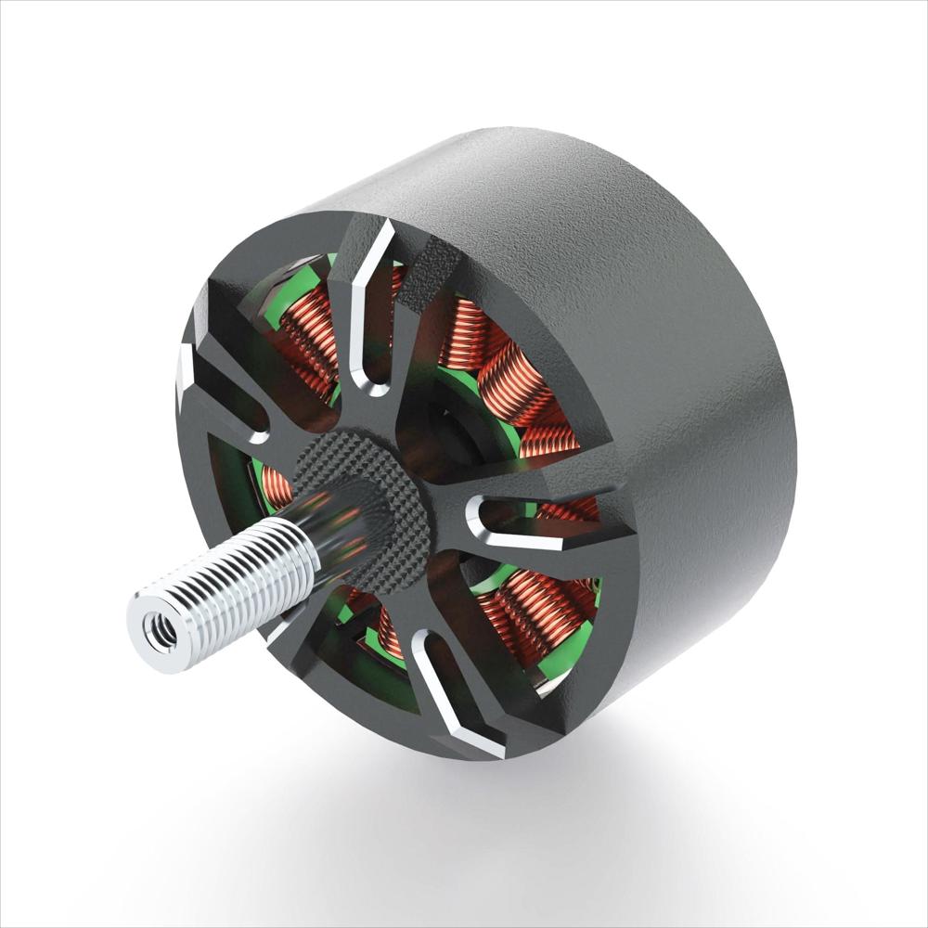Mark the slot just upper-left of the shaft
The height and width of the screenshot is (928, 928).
223,399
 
